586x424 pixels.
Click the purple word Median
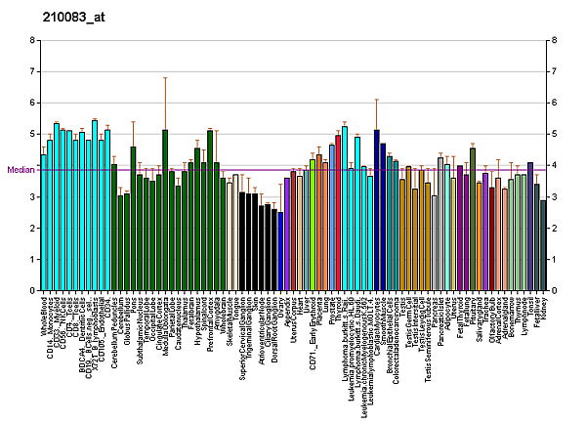(21, 170)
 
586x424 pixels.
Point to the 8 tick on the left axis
(31, 41)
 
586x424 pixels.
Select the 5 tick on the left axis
(31, 135)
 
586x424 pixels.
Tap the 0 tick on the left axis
(31, 291)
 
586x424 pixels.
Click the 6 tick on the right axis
(554, 104)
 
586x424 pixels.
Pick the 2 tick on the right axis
(554, 229)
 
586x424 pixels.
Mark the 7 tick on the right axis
(554, 72)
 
